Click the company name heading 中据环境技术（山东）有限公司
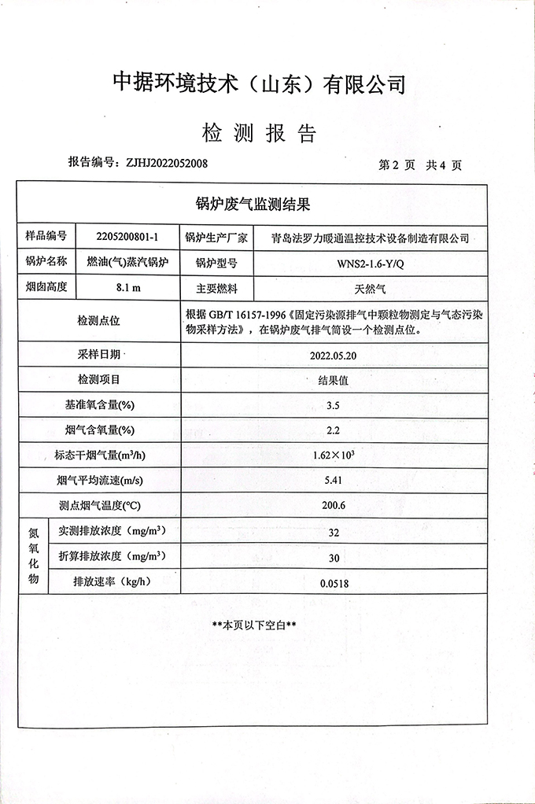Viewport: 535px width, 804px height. click(x=260, y=83)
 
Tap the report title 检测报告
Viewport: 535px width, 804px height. click(x=259, y=132)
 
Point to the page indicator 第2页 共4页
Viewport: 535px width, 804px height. click(x=420, y=165)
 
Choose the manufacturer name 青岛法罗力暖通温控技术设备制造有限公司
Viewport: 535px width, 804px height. click(x=369, y=237)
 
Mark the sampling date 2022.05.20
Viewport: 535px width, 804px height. click(x=334, y=355)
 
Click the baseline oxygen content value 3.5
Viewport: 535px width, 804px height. click(x=333, y=406)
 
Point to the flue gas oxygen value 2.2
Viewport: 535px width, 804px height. click(x=333, y=430)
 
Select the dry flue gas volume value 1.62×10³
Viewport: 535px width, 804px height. click(x=334, y=455)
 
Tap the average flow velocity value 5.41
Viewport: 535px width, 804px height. click(x=333, y=480)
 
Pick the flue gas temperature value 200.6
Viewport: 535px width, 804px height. click(x=333, y=505)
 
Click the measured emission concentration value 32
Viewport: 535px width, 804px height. click(x=334, y=532)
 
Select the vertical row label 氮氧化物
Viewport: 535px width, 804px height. click(x=33, y=555)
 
